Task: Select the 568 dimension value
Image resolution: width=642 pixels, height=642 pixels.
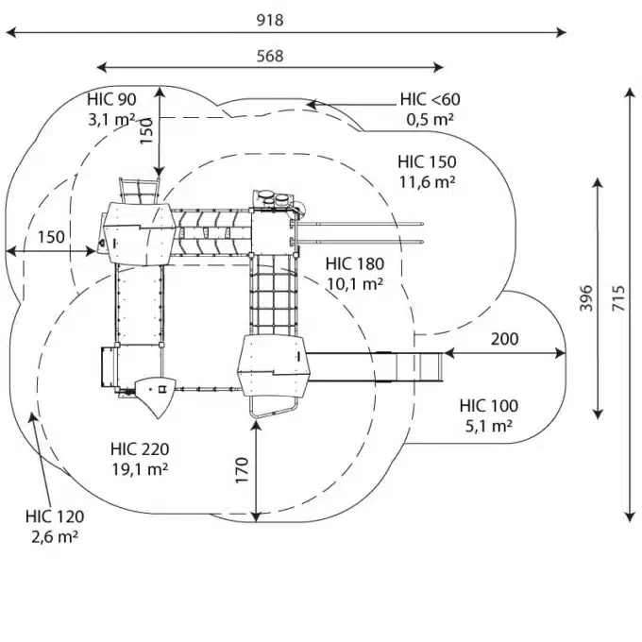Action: (x=270, y=56)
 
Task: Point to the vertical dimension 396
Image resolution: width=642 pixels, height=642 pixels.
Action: (x=585, y=298)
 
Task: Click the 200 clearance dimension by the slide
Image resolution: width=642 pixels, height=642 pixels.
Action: (x=504, y=340)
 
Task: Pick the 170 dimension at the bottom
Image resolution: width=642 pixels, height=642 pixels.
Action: (x=241, y=469)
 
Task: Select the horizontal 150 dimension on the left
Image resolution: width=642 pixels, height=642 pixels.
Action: (x=51, y=237)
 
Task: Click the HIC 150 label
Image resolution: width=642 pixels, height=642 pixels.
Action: (x=427, y=161)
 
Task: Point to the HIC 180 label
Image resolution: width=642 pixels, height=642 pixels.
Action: (x=354, y=263)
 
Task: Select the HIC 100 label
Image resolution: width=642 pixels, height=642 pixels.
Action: (x=488, y=406)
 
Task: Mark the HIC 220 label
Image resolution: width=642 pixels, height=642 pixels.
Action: (x=139, y=448)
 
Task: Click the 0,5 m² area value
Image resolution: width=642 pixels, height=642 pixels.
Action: (x=431, y=119)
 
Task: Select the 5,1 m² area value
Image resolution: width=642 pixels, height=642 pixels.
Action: (x=488, y=425)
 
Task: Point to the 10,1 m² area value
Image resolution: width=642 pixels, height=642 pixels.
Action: (x=354, y=282)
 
